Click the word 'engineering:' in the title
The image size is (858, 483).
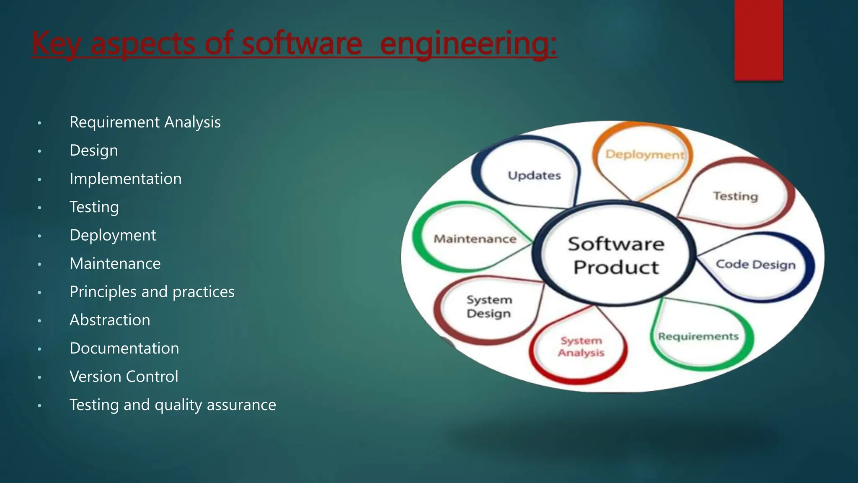coord(468,44)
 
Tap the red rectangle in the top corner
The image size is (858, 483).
coord(758,40)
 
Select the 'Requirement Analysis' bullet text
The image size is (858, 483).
coord(145,122)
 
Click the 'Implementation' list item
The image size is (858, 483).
coord(125,179)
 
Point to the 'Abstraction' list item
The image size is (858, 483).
coord(110,320)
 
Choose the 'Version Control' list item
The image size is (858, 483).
coord(124,377)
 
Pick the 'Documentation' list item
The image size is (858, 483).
coord(124,348)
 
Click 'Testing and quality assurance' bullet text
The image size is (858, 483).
coord(173,405)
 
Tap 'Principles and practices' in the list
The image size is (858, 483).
coord(152,292)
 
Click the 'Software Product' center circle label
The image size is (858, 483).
coord(616,255)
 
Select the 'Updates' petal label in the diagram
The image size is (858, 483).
coord(534,175)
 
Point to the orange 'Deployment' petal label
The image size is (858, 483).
coord(645,155)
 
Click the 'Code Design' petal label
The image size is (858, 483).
coord(755,265)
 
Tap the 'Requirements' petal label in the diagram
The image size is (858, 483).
coord(698,336)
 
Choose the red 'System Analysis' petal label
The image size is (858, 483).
coord(581,347)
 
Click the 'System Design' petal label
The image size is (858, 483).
coord(489,306)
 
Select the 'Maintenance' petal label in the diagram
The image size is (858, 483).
coord(475,239)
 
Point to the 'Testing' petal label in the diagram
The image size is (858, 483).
coord(735,196)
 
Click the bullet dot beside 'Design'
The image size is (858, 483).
coord(39,151)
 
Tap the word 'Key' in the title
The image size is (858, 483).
coord(55,44)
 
